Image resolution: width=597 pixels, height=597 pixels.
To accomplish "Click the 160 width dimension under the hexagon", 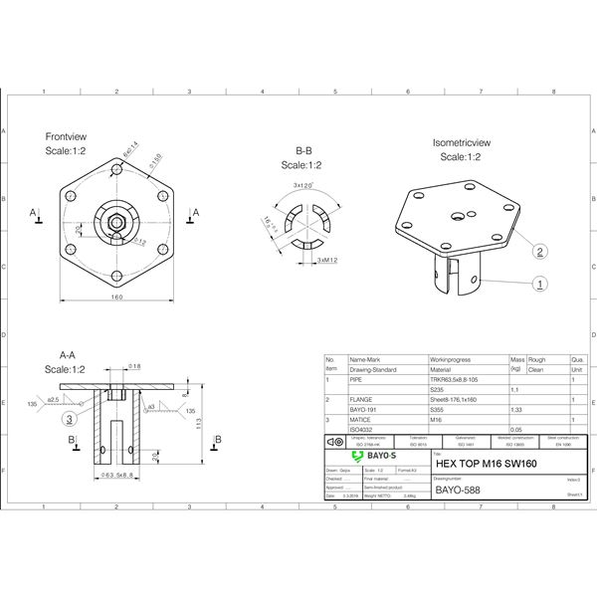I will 117,298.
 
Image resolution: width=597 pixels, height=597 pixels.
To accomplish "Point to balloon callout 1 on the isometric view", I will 539,285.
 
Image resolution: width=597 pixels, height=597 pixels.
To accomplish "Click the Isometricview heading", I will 460,143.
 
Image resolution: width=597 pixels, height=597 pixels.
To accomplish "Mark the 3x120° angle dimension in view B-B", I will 303,185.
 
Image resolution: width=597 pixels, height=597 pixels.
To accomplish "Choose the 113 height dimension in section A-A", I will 199,422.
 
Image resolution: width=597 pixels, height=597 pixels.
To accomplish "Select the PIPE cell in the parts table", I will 357,380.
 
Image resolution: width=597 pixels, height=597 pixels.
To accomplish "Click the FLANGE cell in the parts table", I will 362,399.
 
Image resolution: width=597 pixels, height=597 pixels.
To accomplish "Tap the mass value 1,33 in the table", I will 516,409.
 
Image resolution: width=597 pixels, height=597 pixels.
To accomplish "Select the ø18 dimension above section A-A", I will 134,367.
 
